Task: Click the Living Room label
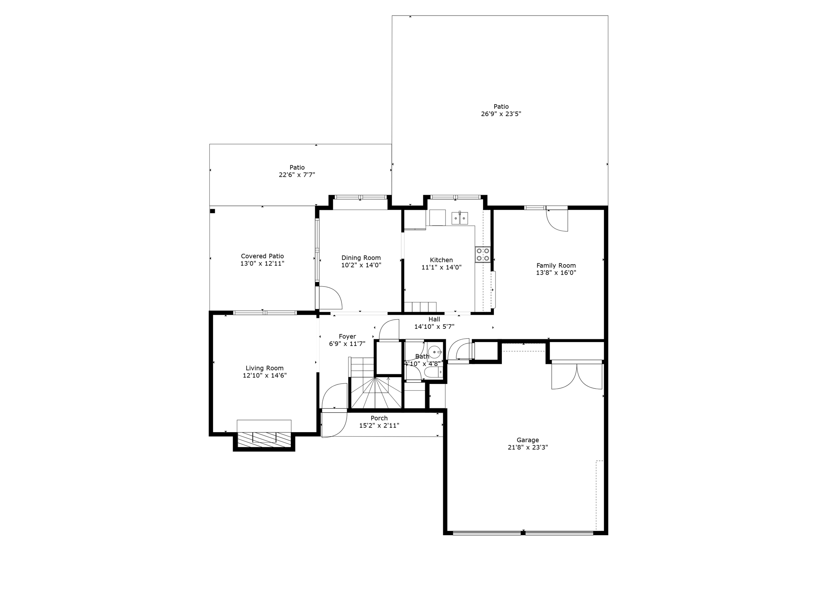click(x=264, y=368)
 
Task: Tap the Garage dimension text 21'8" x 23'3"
click(x=527, y=447)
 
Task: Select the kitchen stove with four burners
click(x=482, y=255)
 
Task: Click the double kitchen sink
click(x=460, y=218)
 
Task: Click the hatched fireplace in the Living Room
click(x=264, y=439)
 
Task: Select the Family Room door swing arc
click(x=557, y=221)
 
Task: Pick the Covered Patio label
click(x=262, y=256)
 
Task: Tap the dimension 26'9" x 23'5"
click(x=501, y=114)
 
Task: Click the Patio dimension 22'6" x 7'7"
click(x=297, y=175)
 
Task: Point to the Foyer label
click(x=347, y=336)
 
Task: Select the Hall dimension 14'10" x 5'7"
click(x=434, y=326)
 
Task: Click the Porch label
click(x=379, y=418)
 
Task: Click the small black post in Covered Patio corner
click(x=213, y=211)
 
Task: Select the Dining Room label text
click(x=361, y=258)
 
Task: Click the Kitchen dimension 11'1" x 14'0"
click(x=441, y=267)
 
